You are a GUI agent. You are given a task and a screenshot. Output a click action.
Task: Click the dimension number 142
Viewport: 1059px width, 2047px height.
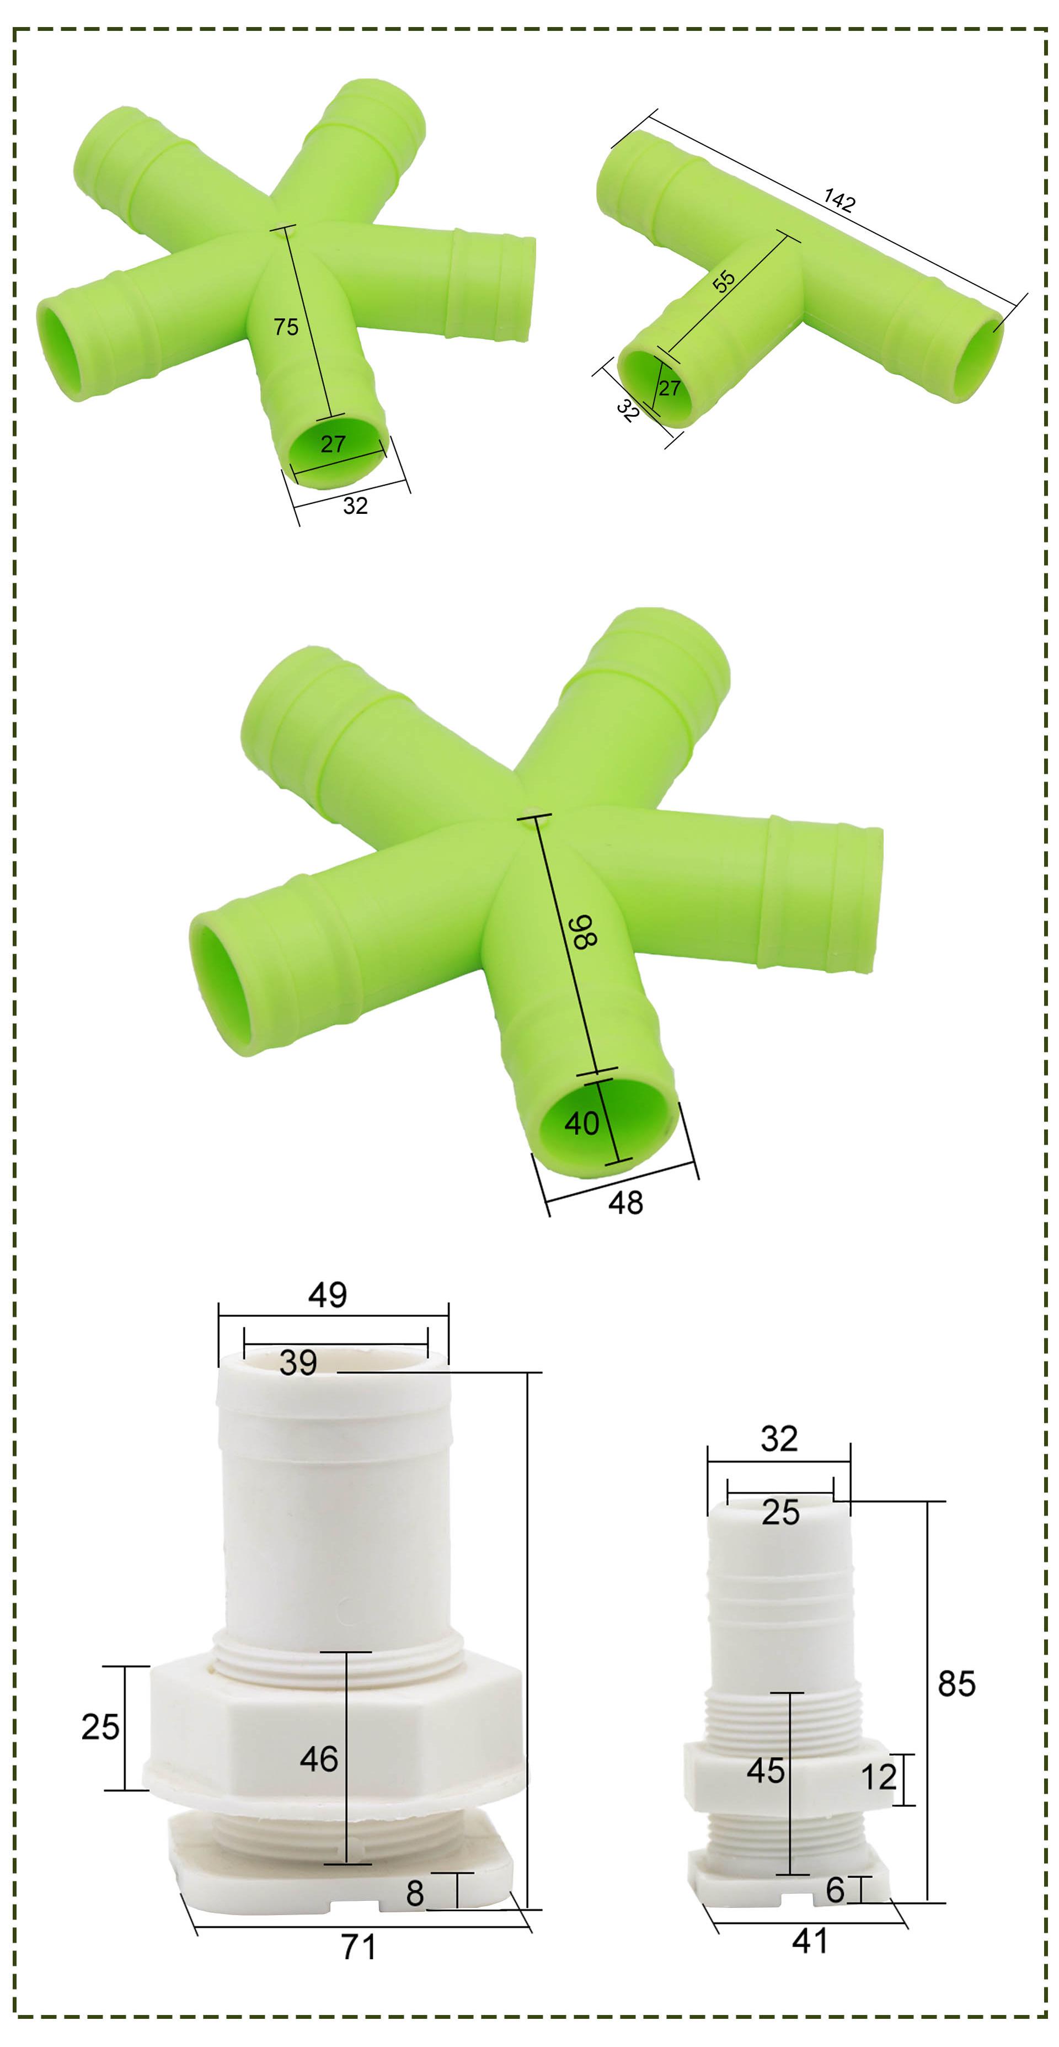(839, 200)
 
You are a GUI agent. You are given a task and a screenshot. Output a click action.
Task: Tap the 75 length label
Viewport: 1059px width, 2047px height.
(286, 327)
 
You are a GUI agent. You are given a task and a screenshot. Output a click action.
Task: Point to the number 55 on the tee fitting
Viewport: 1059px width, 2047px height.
(724, 281)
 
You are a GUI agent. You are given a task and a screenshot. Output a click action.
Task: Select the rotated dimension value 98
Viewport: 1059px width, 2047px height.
(585, 931)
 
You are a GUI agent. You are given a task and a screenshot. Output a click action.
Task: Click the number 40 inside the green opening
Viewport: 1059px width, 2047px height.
(581, 1123)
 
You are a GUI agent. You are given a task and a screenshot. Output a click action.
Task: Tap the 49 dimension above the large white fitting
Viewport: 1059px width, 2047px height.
(327, 1295)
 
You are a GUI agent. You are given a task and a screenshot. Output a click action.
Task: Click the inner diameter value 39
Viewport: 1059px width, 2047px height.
(298, 1363)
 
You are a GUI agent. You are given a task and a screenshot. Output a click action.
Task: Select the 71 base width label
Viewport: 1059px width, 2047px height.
(359, 1947)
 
